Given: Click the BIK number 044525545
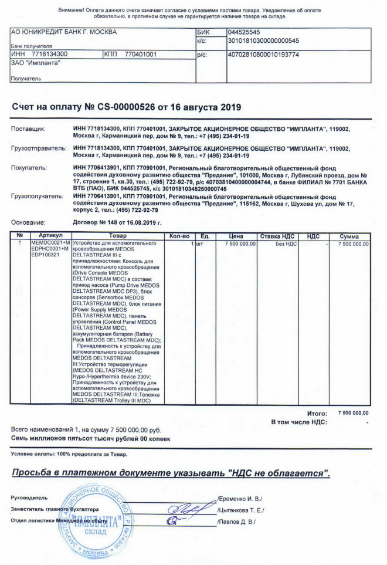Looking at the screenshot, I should click(x=245, y=32).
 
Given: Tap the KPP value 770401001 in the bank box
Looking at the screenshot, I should click(x=140, y=54).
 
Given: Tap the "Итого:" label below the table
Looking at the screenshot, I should click(x=317, y=414).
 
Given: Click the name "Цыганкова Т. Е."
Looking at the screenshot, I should click(x=241, y=510).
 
